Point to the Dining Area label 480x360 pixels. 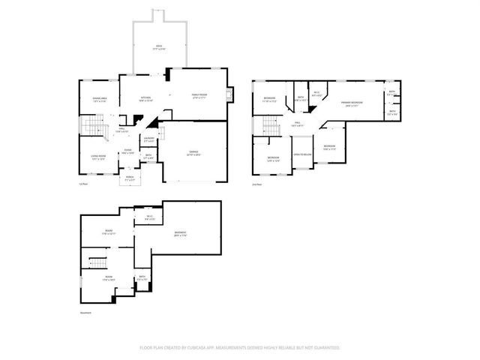click(100, 100)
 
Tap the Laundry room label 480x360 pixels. click(149, 139)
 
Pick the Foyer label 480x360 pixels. click(128, 151)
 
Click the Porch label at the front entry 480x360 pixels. click(130, 178)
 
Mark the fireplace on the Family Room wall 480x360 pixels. click(231, 94)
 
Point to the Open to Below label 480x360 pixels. click(302, 154)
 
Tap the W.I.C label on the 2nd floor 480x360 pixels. click(316, 94)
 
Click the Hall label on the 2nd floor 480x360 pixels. click(297, 124)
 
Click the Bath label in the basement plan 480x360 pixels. click(142, 278)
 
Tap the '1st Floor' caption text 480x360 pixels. click(84, 184)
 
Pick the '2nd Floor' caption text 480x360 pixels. click(257, 184)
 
